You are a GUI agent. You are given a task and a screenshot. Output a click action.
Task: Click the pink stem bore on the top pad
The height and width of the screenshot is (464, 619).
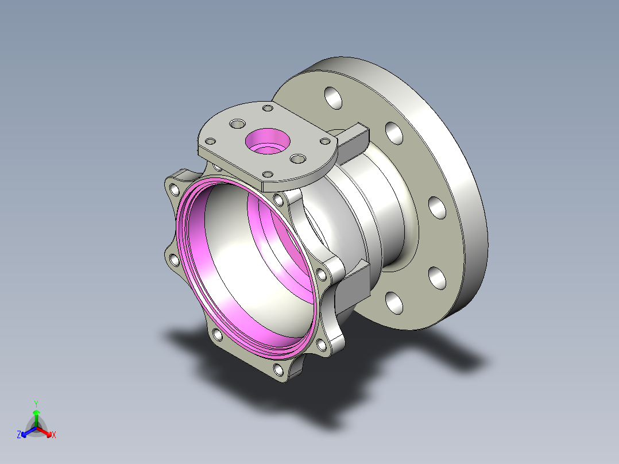pos(266,141)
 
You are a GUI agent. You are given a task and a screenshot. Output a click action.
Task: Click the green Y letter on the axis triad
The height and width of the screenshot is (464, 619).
pos(36,404)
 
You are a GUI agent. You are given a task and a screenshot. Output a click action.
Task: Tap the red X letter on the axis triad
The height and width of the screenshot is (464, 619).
pos(54,435)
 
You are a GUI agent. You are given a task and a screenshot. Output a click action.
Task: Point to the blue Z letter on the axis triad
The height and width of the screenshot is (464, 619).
pos(19,435)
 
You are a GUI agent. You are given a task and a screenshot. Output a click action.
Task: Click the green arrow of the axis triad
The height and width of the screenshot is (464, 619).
pos(36,415)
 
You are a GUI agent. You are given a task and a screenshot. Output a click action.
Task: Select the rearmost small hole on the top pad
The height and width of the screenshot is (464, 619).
pos(267,108)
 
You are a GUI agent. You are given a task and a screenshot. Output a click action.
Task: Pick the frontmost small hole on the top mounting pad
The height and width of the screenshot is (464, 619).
pos(268,174)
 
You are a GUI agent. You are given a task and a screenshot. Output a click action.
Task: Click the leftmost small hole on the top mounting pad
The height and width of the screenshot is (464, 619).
pos(211,141)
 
